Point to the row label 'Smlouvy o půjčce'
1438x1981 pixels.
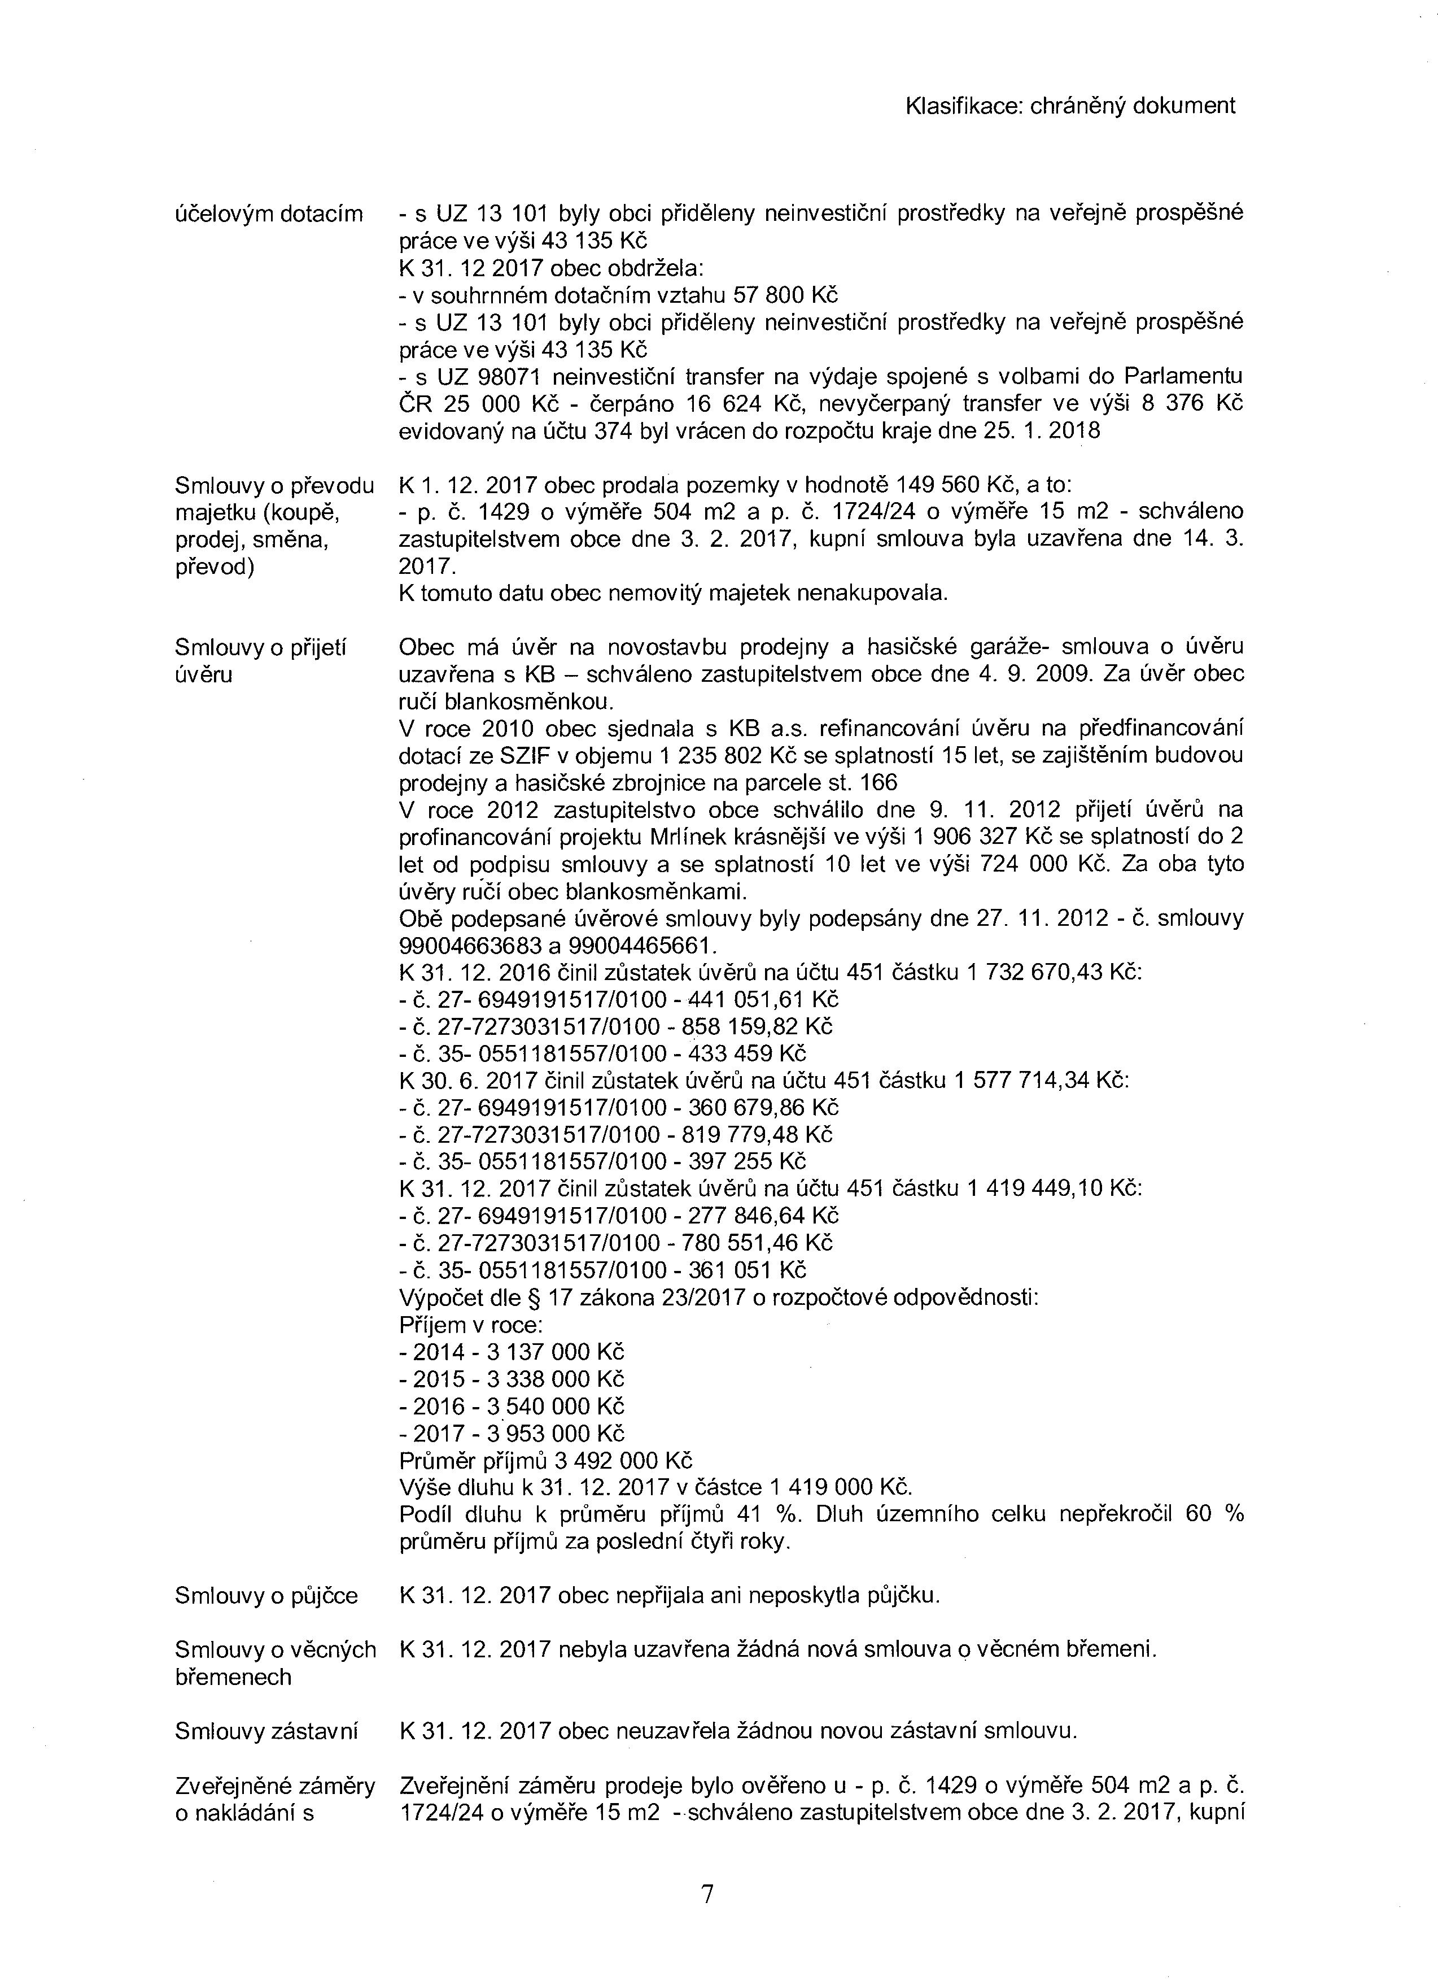(x=266, y=1596)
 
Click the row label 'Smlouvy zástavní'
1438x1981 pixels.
(x=266, y=1730)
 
